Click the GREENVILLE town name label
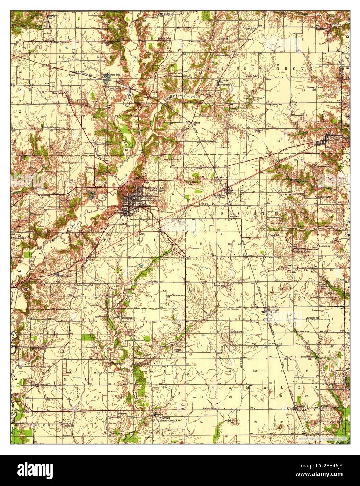144,187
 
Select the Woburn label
224,84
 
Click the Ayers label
72,75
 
